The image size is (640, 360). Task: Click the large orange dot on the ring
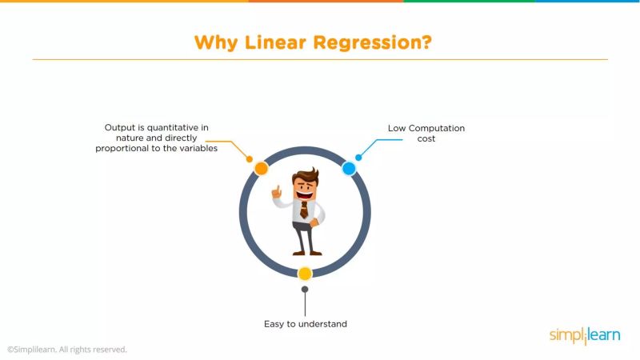coord(261,168)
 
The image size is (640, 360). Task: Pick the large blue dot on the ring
coord(349,168)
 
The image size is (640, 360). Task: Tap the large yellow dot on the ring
coord(305,274)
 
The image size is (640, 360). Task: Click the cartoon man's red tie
coord(305,210)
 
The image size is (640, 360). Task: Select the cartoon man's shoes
coord(305,252)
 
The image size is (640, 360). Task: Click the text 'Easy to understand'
coord(305,324)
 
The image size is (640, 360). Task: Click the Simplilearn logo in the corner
coord(584,336)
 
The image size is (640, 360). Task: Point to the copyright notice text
coord(67,350)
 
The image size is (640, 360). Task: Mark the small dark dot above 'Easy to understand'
coord(305,290)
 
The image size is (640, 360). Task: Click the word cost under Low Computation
coord(426,138)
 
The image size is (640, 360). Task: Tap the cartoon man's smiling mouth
coord(304,192)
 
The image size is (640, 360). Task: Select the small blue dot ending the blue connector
coord(358,157)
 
